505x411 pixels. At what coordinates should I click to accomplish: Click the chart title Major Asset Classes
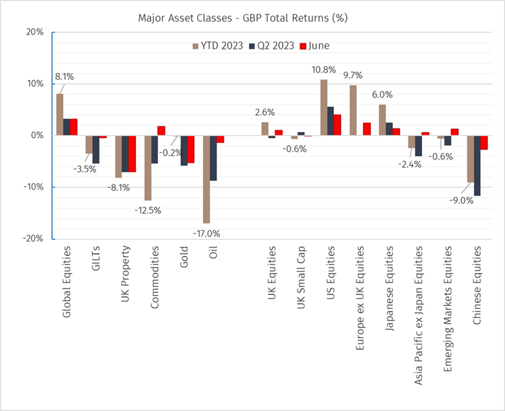click(243, 18)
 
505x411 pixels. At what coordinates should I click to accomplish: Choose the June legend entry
click(317, 45)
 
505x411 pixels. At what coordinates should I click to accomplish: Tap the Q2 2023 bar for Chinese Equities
click(476, 165)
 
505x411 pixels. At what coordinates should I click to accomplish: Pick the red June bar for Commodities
click(161, 131)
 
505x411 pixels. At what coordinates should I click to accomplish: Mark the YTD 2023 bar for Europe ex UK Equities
click(353, 110)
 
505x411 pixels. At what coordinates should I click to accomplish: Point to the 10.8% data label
click(324, 69)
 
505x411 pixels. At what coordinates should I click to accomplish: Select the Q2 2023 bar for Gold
click(184, 150)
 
